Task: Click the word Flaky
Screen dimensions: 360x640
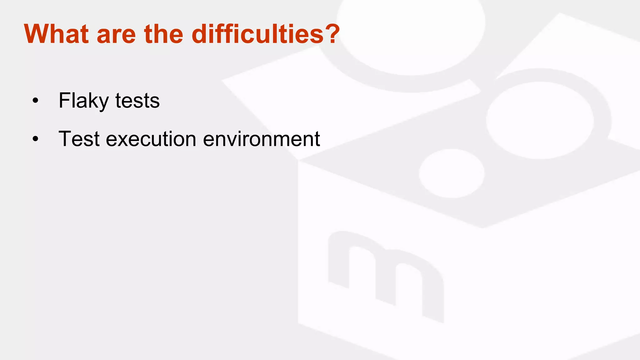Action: tap(83, 101)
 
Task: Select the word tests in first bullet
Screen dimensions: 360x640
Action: tap(137, 101)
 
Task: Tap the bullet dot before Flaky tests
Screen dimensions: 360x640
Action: tap(35, 101)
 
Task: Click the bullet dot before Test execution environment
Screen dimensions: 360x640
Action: tap(35, 139)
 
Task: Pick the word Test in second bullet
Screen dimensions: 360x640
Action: tap(79, 139)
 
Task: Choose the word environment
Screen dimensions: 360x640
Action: tap(261, 139)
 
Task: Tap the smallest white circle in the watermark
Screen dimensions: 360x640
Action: tap(451, 173)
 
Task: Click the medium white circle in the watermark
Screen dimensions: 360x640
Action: tap(540, 120)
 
